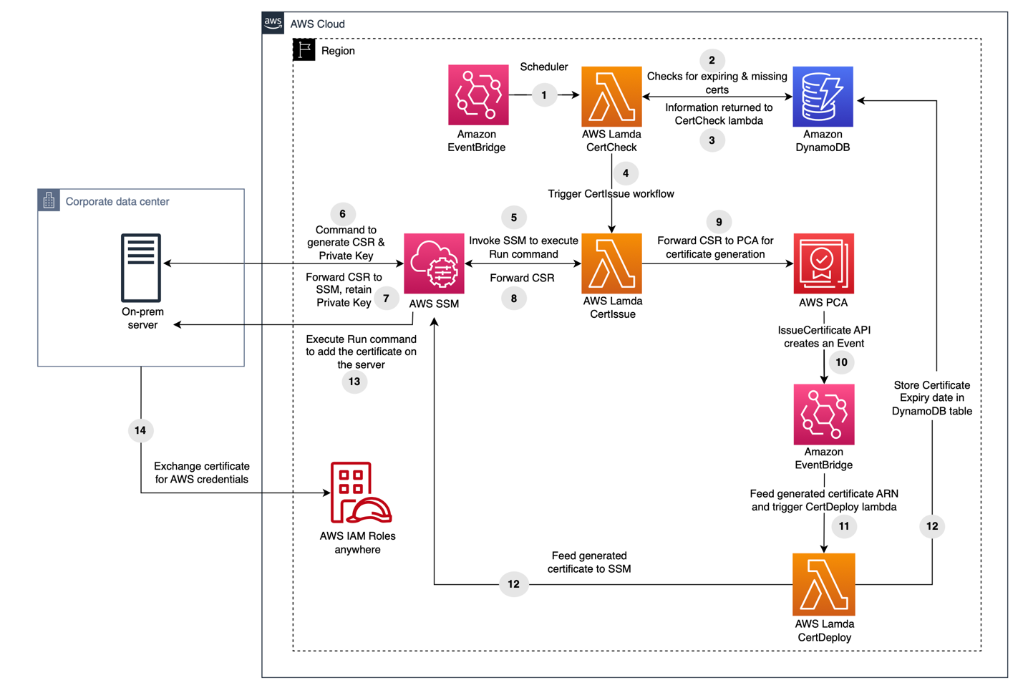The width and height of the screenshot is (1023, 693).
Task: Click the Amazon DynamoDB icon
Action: click(823, 97)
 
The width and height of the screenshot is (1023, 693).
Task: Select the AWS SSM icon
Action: click(434, 263)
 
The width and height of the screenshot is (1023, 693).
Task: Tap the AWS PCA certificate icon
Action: click(823, 263)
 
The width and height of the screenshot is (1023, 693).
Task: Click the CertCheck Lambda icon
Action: click(611, 97)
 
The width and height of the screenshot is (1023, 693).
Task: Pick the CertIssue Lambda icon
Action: click(611, 263)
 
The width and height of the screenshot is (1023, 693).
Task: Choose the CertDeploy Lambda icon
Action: click(823, 584)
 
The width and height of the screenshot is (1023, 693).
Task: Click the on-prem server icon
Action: click(141, 268)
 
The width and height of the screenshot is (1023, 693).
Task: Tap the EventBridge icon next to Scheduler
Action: click(478, 95)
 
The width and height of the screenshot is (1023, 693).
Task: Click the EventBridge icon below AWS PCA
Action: click(823, 415)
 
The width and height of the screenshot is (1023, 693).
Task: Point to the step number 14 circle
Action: click(140, 430)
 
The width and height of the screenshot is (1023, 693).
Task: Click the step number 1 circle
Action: click(544, 95)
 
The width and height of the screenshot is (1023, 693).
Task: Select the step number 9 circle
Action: click(719, 222)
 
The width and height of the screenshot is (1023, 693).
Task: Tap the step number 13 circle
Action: click(354, 382)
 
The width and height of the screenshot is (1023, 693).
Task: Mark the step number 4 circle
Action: click(626, 173)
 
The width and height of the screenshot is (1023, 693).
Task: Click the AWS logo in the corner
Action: click(273, 23)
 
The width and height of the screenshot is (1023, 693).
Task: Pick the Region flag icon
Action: click(304, 50)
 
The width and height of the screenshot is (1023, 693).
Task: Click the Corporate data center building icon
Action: click(49, 200)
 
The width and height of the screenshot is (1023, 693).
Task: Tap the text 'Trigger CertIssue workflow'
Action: click(611, 194)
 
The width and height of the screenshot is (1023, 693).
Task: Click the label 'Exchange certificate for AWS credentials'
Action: click(202, 472)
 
